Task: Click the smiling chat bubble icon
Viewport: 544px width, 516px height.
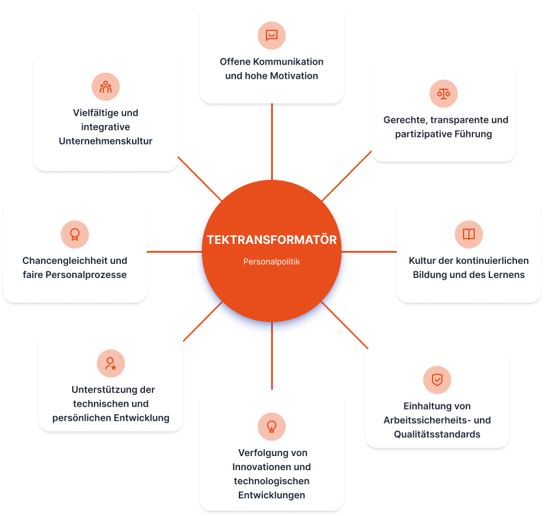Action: point(272,35)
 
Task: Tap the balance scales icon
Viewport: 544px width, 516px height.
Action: point(444,94)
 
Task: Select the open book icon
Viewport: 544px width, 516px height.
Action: point(469,234)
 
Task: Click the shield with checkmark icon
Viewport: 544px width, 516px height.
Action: point(437,380)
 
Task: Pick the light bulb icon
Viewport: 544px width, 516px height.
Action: point(272,426)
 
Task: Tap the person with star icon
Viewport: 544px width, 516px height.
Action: point(111,363)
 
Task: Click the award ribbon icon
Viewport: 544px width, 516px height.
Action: point(75,234)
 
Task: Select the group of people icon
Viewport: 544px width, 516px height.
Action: point(106,87)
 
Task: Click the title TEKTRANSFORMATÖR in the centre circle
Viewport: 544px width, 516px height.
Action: point(272,240)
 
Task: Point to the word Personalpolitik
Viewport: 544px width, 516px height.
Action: point(272,262)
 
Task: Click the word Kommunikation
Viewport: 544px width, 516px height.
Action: point(288,62)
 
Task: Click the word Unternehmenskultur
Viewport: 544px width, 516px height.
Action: point(106,141)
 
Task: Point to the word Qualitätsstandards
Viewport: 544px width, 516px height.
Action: point(437,434)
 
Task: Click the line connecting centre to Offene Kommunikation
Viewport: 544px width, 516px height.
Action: point(272,142)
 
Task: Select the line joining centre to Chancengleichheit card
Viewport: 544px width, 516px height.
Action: point(174,252)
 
